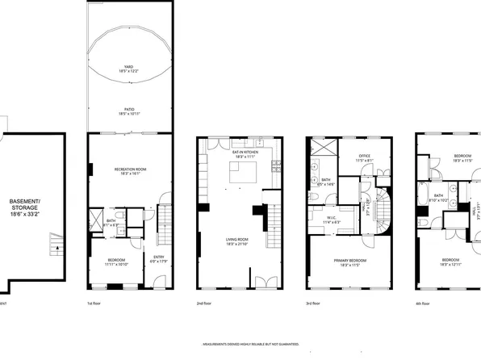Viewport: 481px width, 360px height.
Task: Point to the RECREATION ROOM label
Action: point(129,170)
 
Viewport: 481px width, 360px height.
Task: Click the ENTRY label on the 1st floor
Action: point(159,259)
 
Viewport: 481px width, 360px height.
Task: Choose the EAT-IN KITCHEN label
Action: point(245,153)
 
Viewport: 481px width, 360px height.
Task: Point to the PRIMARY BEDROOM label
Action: point(351,261)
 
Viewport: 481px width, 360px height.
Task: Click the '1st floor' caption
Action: point(95,303)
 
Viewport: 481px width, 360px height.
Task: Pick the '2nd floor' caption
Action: point(205,303)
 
